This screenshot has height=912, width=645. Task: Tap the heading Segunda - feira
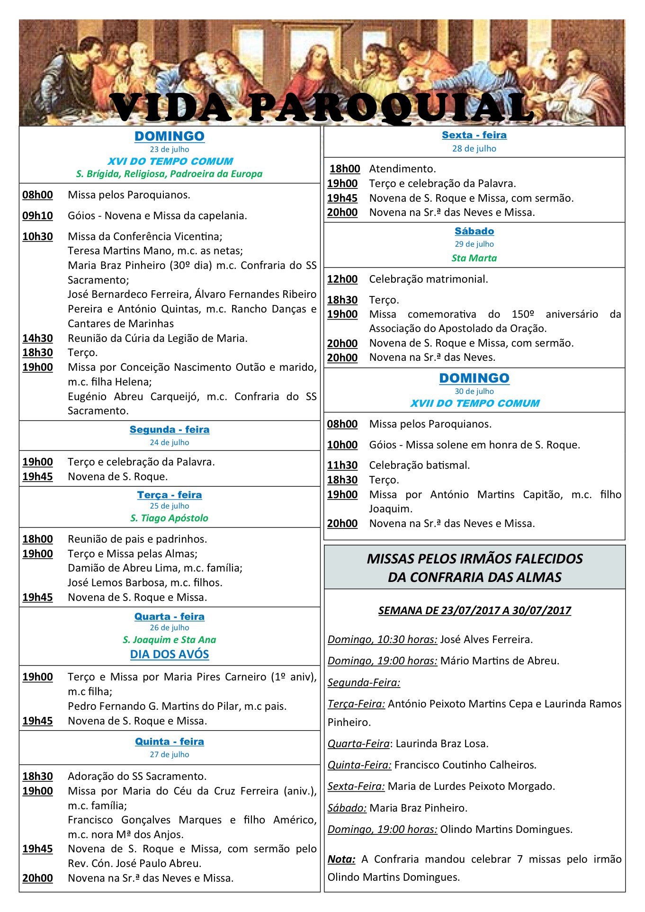[170, 429]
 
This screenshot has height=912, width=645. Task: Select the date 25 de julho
[170, 506]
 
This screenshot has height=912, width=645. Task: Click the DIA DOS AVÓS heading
[170, 654]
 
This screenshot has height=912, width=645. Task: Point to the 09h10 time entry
[37, 215]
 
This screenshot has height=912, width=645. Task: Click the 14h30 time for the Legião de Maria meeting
[37, 338]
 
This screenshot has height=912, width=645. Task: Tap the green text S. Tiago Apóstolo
[170, 518]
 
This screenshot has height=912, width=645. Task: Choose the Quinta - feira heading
[170, 742]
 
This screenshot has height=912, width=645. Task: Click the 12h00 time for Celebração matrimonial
[342, 279]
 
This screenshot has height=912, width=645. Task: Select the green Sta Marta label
[474, 258]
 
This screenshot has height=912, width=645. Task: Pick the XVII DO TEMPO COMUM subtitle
[475, 403]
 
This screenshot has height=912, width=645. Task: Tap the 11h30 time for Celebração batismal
[342, 465]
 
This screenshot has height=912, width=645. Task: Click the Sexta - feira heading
[474, 135]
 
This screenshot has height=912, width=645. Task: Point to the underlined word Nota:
[341, 859]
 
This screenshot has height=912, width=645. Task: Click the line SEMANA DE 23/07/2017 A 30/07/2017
[475, 610]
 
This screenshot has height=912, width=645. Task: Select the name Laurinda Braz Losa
[442, 743]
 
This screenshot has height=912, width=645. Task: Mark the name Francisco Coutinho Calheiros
[465, 765]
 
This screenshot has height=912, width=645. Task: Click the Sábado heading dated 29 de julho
[474, 231]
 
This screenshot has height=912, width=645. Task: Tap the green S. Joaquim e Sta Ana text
[170, 640]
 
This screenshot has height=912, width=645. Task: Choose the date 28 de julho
[474, 148]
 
